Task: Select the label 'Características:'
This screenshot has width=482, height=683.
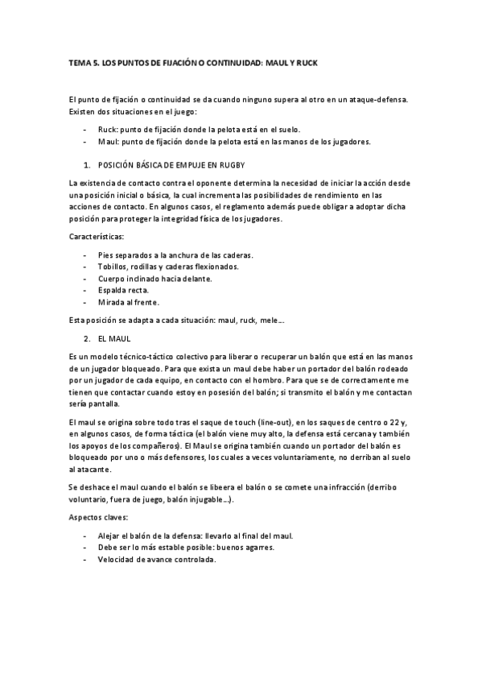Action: (97, 237)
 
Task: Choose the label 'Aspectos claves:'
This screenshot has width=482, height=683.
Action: (100, 517)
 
